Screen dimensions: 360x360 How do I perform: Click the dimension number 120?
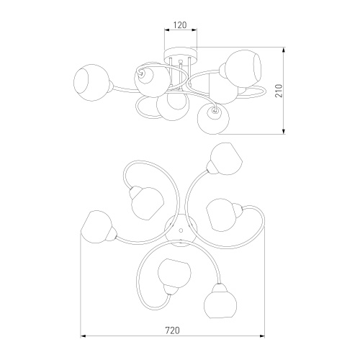(180, 24)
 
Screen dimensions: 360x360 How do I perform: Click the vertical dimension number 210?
(279, 91)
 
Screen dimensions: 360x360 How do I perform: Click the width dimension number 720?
(172, 330)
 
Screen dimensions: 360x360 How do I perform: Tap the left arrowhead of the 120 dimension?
(167, 30)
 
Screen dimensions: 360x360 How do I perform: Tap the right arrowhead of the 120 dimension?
(194, 30)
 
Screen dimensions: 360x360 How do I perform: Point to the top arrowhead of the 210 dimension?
(284, 50)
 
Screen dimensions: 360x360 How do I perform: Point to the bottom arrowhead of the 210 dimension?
(284, 132)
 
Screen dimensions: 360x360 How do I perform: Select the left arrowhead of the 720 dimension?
(83, 336)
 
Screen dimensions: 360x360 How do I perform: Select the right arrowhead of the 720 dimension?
(261, 336)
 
